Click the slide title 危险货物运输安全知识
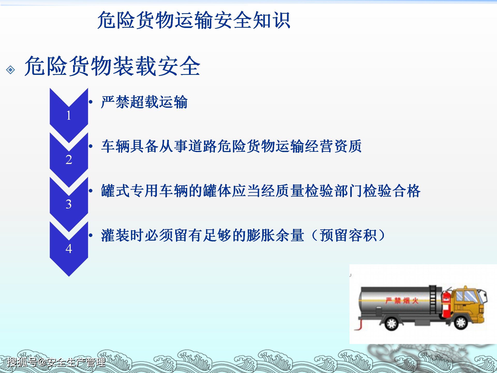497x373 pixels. coord(194,20)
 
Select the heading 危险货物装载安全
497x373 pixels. coord(112,66)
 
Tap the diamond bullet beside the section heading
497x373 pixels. coord(11,70)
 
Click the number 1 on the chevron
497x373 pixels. coord(69,115)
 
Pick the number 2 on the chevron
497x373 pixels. coord(69,160)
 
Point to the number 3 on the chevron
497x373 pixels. coord(69,204)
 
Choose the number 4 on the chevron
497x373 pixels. coord(69,249)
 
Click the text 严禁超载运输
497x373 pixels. coord(144,102)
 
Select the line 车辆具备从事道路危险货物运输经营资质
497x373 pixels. coord(231,146)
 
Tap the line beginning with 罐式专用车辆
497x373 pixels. coord(260,191)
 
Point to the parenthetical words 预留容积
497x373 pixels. coord(348,235)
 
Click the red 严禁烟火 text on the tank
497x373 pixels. coord(401,301)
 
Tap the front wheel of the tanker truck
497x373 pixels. coord(461,323)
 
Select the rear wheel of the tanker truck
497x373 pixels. coord(391,323)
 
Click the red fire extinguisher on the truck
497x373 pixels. coord(446,304)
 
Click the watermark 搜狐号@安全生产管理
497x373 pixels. coord(56,362)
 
